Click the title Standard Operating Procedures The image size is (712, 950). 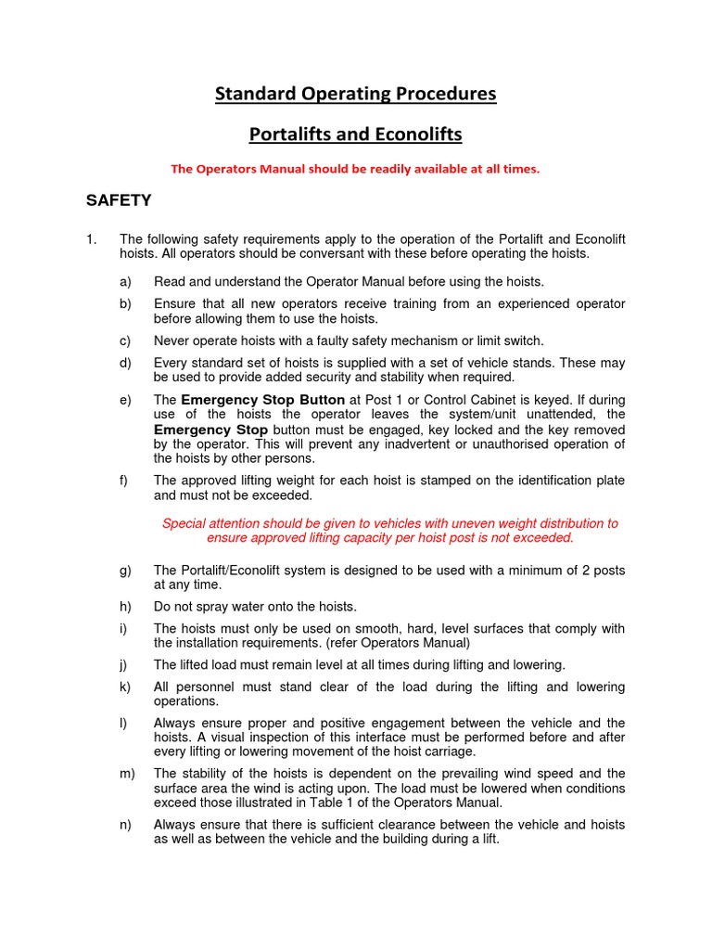point(356,94)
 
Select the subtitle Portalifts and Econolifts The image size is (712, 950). point(356,135)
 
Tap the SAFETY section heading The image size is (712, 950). point(119,199)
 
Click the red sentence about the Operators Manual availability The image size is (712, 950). point(355,169)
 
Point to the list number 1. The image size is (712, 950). point(91,239)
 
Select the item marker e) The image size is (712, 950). point(125,400)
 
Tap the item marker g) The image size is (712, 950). point(125,570)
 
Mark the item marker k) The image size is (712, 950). point(125,687)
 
